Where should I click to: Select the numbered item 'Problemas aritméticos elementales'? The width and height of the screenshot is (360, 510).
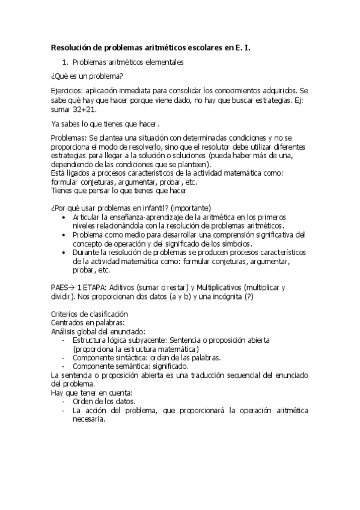127,61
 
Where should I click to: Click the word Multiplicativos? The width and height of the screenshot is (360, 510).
210,288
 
